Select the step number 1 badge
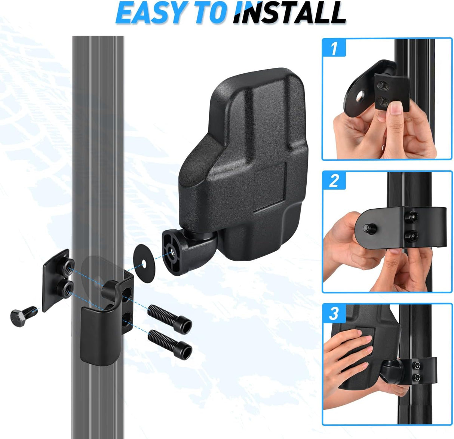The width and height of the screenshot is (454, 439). point(334,48)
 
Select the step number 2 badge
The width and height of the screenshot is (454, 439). point(334,181)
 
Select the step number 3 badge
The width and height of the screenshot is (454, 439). point(334,313)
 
